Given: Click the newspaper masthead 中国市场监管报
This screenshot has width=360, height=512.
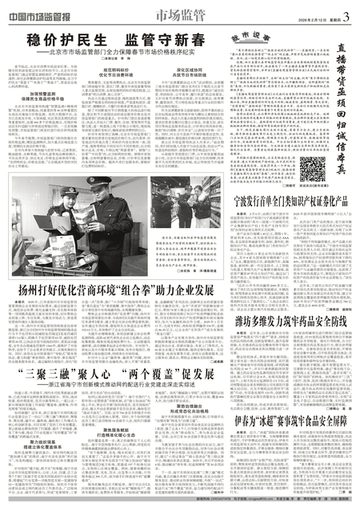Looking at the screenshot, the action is pyautogui.click(x=42, y=10).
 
